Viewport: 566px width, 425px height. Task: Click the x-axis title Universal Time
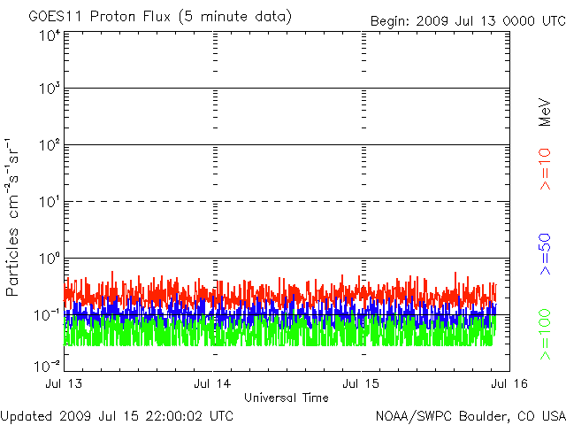coord(286,398)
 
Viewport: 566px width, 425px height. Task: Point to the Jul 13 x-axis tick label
coord(65,384)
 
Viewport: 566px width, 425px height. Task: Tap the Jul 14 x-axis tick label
coord(213,384)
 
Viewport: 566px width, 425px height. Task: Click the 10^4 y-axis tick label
coord(49,35)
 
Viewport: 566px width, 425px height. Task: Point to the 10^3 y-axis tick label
coord(49,90)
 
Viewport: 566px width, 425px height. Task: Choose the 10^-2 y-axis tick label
coord(47,365)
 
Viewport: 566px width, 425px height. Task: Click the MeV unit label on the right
coord(546,111)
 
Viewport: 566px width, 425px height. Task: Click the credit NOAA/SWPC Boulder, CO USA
coord(470,415)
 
